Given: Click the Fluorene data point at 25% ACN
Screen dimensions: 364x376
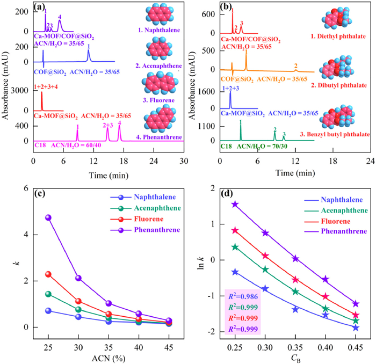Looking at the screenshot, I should (48, 274).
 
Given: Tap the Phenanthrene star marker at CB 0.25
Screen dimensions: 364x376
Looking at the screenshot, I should (235, 204).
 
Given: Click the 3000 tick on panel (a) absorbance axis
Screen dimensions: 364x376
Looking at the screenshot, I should (20, 92).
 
